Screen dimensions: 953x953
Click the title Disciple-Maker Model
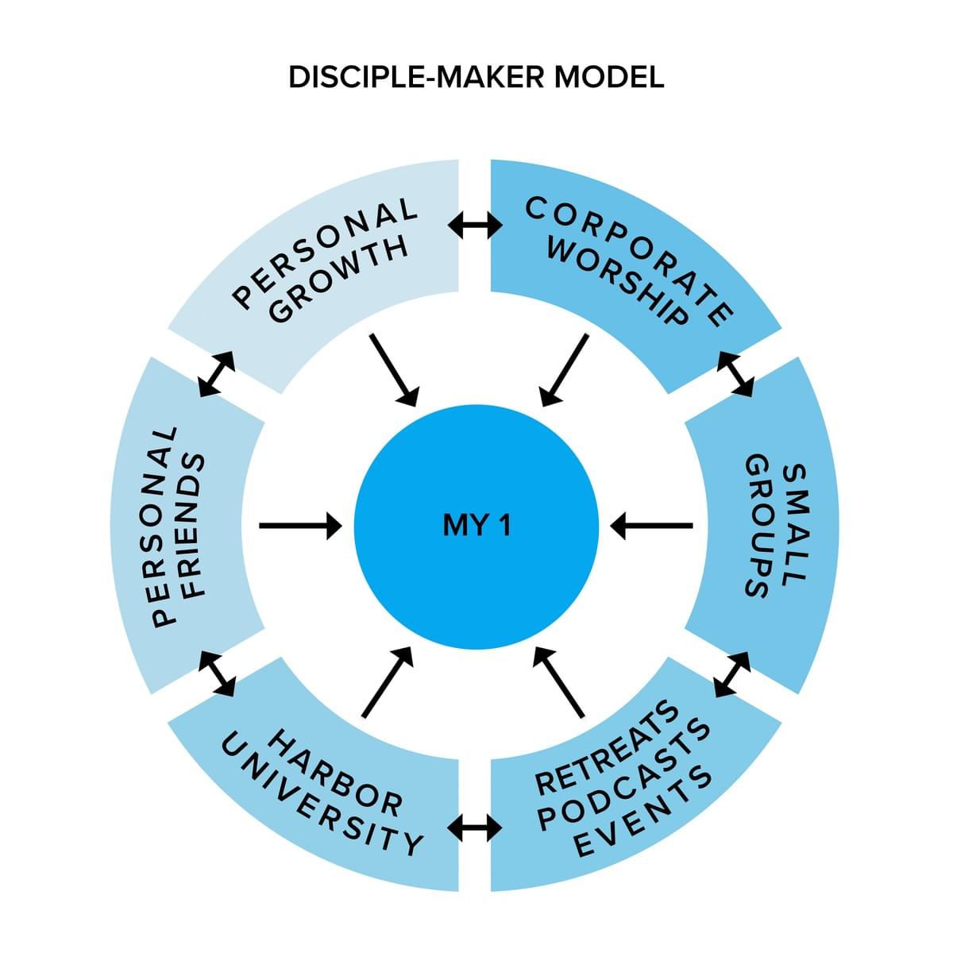(x=476, y=78)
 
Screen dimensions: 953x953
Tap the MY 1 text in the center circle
(x=476, y=525)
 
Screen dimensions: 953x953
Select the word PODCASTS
(x=624, y=774)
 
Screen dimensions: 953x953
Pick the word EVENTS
(x=643, y=811)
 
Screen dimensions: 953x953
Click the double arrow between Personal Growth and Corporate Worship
(x=475, y=226)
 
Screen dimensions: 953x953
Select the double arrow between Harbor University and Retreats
(x=475, y=828)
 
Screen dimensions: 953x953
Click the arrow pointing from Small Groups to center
(x=651, y=525)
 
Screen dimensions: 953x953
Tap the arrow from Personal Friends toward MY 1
(x=300, y=525)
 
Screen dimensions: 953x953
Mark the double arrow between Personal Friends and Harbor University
(x=217, y=673)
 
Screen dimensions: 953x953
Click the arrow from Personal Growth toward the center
(x=394, y=368)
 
